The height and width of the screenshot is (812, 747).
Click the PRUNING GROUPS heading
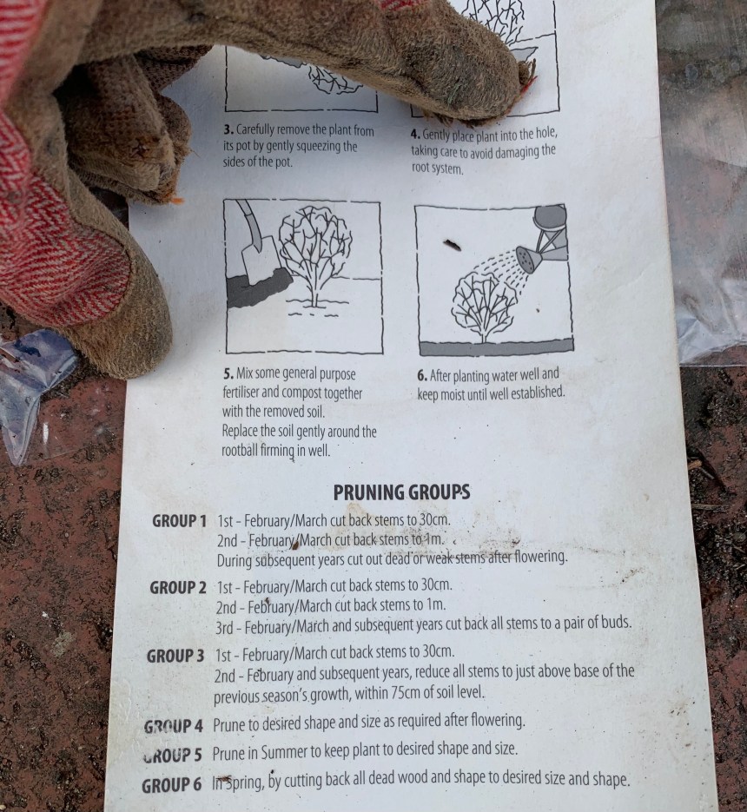(x=401, y=492)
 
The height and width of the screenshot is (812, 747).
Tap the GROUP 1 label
(x=179, y=521)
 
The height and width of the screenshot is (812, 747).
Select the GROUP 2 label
(x=178, y=588)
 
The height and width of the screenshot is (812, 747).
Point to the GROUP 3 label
(x=175, y=657)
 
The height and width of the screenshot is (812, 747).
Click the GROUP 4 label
(x=173, y=726)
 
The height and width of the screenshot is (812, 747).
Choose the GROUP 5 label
(x=172, y=755)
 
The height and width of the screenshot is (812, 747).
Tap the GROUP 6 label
(x=171, y=785)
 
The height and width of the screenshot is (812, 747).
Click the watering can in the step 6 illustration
(x=544, y=236)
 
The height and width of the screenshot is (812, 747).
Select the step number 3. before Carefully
(x=228, y=129)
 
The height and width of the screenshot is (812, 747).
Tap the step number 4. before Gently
(x=415, y=134)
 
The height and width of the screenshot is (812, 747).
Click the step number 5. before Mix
(x=228, y=373)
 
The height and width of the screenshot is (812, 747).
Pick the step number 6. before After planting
(x=422, y=376)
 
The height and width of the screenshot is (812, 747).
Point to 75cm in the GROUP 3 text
(x=406, y=692)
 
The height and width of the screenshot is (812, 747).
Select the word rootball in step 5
(x=240, y=450)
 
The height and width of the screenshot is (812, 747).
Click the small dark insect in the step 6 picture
(x=452, y=244)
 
